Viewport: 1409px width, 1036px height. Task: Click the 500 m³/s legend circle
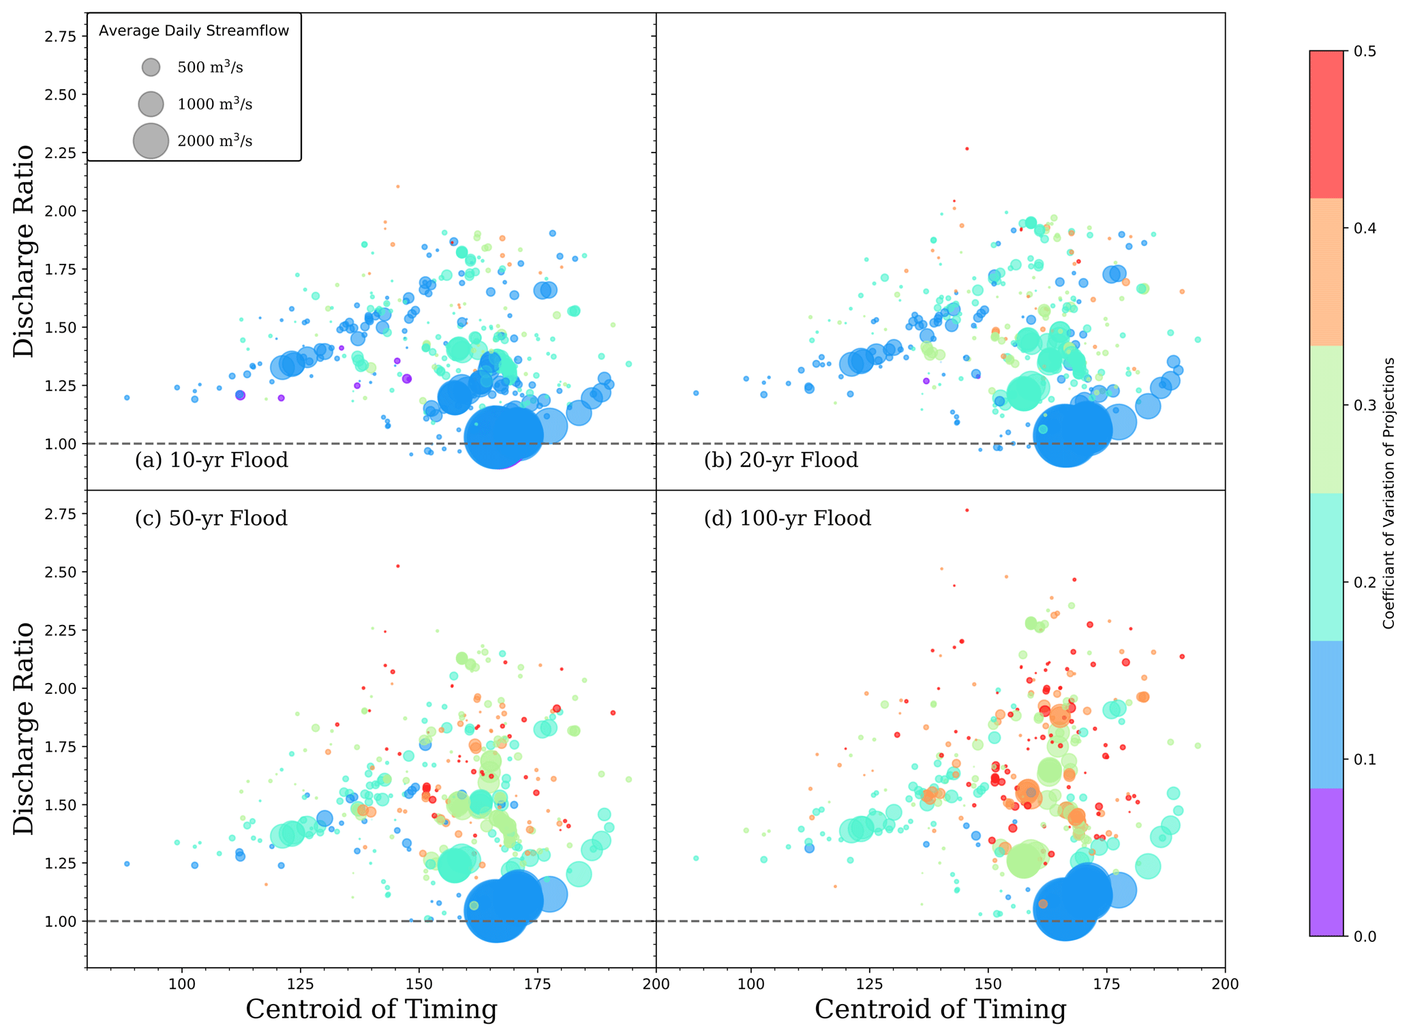click(151, 67)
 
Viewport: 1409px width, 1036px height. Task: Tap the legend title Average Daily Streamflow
click(194, 31)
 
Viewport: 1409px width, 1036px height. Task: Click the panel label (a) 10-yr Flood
click(211, 461)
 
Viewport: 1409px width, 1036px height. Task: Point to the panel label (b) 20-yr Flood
click(781, 461)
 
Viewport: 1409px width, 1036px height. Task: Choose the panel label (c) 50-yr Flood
click(211, 519)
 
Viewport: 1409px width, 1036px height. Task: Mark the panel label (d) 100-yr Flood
click(787, 519)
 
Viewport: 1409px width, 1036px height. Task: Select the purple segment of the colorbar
click(1326, 862)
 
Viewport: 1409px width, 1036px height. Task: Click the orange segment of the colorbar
click(1326, 272)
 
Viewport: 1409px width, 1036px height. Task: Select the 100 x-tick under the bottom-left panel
click(181, 984)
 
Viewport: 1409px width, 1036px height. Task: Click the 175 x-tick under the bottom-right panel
click(1106, 984)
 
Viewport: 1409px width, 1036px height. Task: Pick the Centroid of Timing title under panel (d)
click(940, 1009)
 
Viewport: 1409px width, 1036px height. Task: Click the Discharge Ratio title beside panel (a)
click(24, 250)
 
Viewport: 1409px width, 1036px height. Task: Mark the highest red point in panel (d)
click(967, 510)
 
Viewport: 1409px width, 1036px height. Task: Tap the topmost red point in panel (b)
click(967, 149)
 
